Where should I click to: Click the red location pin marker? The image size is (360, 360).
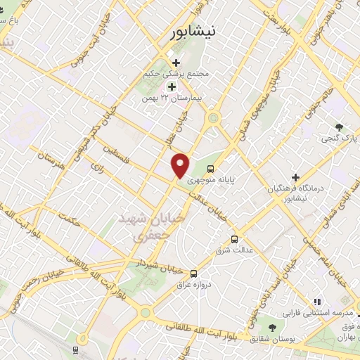[x=181, y=165]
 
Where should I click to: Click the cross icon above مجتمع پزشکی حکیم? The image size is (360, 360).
[x=176, y=63]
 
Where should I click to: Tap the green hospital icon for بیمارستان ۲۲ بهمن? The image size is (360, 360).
[x=171, y=86]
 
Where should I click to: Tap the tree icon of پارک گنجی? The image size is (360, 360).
[x=340, y=127]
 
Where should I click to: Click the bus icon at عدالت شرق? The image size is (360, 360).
[x=235, y=238]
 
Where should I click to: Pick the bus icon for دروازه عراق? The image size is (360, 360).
[x=193, y=274]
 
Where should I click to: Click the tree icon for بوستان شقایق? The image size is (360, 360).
[x=271, y=327]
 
